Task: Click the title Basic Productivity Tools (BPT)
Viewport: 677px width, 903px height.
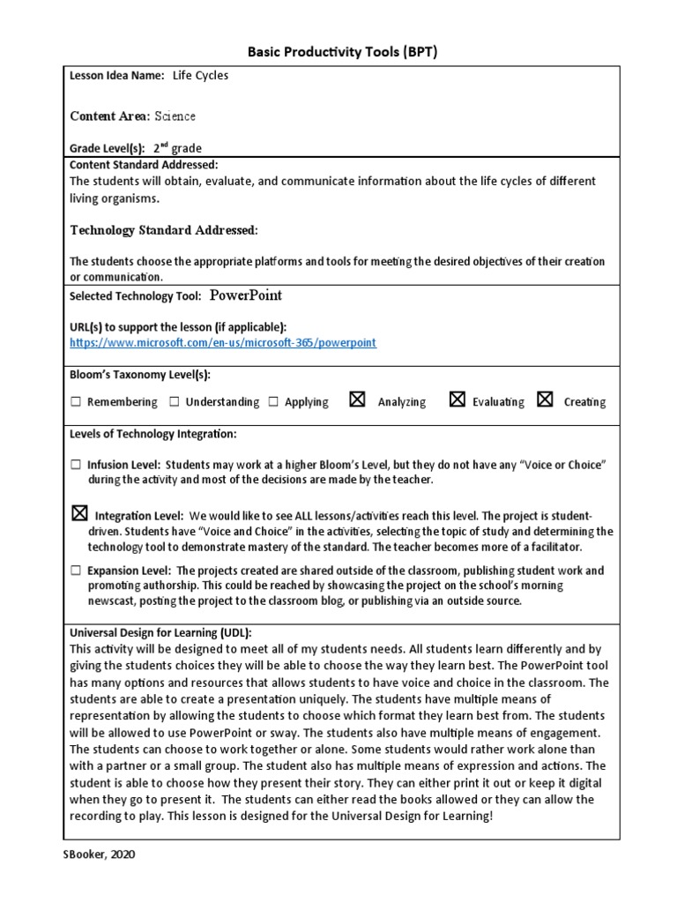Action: coord(341,51)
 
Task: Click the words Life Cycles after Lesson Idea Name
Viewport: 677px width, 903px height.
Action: coord(200,76)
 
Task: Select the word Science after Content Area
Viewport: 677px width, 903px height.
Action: coord(175,116)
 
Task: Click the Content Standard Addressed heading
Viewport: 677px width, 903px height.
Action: coord(144,165)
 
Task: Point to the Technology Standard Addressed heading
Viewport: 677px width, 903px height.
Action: coord(164,230)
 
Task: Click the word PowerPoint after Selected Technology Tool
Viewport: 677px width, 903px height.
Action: coord(245,295)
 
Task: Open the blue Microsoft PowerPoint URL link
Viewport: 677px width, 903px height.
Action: coord(223,342)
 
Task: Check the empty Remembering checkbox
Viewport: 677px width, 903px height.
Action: coord(76,402)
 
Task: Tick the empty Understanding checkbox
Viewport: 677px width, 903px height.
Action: coord(175,402)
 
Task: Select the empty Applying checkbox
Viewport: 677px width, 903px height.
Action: coord(273,402)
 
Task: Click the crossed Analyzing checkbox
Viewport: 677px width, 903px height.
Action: coord(357,400)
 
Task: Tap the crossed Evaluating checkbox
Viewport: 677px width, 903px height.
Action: coord(457,400)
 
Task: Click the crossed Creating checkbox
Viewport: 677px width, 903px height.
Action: coord(545,400)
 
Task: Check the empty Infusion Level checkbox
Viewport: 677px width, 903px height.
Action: coord(76,464)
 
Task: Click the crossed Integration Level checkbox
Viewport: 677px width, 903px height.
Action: coord(79,513)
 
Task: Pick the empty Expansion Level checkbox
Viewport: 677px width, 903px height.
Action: coord(76,571)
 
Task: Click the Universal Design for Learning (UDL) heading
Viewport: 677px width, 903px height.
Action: coord(161,633)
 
